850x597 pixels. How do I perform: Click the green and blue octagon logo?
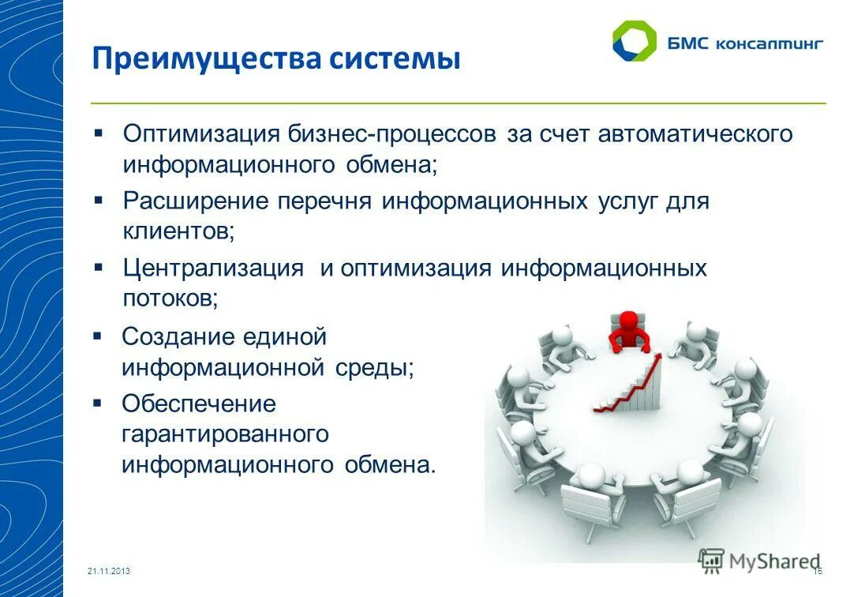tap(634, 41)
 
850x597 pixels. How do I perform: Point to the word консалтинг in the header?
tap(769, 43)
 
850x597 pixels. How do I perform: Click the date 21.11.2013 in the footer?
tap(109, 571)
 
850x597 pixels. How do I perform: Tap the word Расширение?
tap(196, 201)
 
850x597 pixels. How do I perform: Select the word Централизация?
tap(213, 268)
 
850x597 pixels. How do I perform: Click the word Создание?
tap(178, 336)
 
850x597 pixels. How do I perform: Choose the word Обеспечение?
tap(199, 404)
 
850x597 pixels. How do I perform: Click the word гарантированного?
tap(224, 434)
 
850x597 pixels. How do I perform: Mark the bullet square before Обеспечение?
tap(98, 403)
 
